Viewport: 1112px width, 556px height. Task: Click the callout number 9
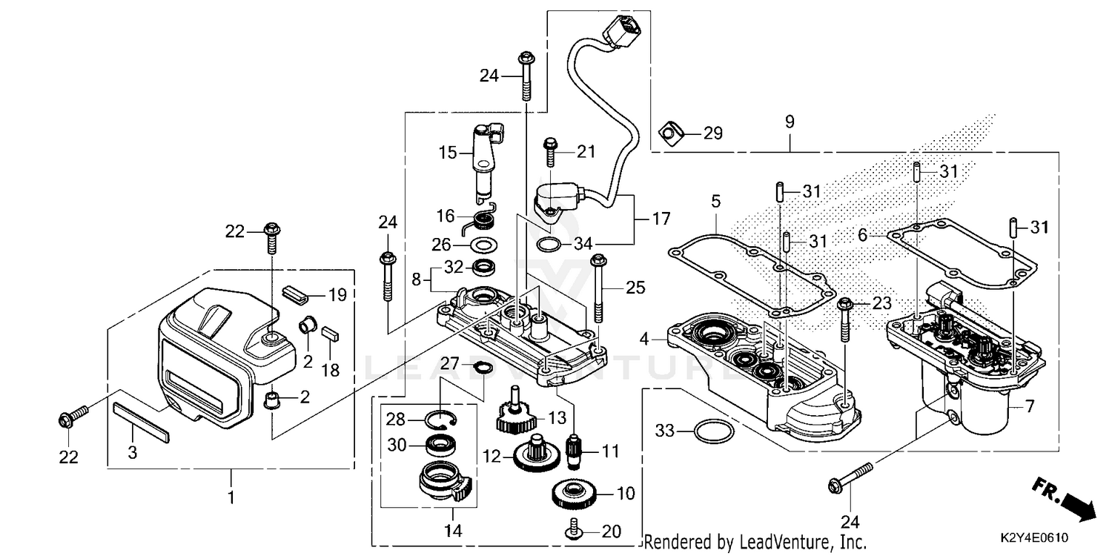click(x=790, y=121)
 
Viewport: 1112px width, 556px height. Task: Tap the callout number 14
click(x=453, y=531)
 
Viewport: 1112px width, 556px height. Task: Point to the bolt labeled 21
click(x=550, y=153)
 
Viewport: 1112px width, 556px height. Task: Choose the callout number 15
click(x=447, y=154)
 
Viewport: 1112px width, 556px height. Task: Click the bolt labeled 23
click(x=844, y=320)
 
